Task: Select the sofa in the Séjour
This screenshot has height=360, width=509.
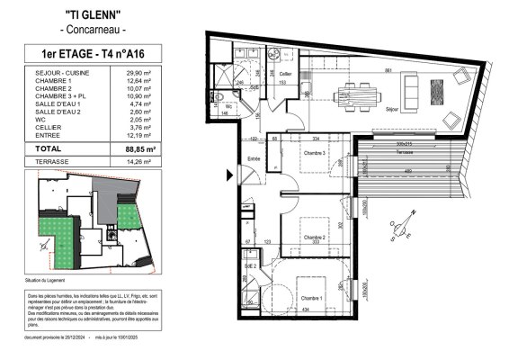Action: click(410, 87)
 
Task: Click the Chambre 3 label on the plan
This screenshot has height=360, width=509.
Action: click(313, 153)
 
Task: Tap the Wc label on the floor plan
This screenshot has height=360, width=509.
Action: click(229, 105)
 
